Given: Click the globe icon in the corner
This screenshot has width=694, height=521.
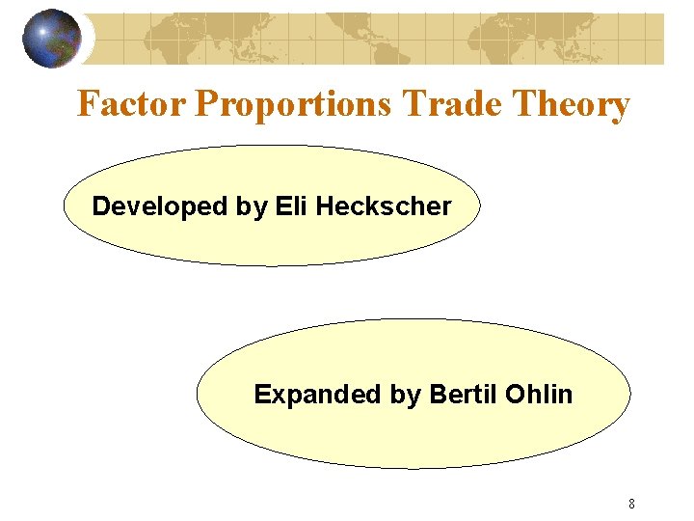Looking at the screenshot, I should click(x=51, y=39).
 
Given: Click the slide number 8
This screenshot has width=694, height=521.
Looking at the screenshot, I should click(x=631, y=503).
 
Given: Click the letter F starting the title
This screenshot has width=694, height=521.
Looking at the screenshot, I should click(x=88, y=103).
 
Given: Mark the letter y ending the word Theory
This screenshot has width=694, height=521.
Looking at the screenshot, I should click(x=620, y=106).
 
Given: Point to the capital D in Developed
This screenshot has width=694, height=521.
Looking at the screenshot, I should click(x=100, y=206).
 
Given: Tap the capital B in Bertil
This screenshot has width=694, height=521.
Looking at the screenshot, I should click(x=437, y=394).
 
